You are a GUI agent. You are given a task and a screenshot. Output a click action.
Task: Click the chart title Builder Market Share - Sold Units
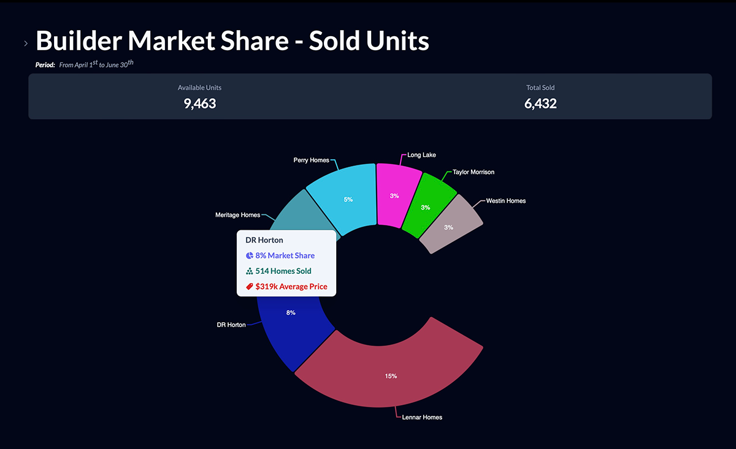[232, 40]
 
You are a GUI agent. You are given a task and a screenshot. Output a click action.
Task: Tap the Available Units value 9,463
[200, 104]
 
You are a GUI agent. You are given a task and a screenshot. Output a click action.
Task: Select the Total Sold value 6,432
[540, 104]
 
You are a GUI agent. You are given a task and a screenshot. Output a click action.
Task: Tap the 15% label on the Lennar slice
[391, 376]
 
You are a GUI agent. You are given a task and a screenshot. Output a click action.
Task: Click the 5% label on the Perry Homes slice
[348, 200]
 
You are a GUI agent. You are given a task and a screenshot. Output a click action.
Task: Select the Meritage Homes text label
[237, 215]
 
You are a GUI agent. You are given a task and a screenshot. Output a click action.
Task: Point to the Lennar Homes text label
[422, 418]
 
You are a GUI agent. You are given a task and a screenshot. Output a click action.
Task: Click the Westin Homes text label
[506, 201]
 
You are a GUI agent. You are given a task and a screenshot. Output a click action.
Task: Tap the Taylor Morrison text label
[473, 172]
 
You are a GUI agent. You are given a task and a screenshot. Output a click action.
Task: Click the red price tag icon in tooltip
[250, 287]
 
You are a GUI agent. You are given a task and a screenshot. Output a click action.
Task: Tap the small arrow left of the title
[26, 43]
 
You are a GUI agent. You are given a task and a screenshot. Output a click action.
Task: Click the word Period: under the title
[45, 65]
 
